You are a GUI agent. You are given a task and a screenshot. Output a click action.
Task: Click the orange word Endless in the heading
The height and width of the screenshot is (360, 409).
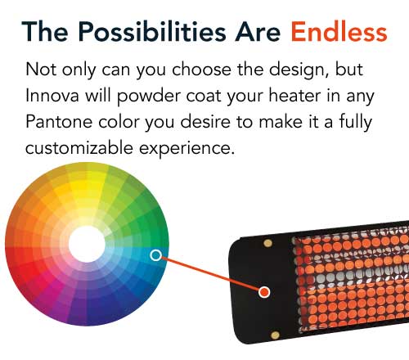pos(339,32)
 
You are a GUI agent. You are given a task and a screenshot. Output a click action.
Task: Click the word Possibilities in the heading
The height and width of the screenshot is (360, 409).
pos(152,32)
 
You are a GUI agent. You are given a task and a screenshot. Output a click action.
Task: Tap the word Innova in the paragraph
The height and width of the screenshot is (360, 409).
pos(52,96)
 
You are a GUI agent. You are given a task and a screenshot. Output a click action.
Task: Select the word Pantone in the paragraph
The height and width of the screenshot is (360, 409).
pos(59,122)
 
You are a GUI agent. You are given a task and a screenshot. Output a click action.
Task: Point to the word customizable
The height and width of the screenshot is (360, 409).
pos(79,148)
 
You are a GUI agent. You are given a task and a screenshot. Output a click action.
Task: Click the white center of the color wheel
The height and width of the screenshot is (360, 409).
pos(87,244)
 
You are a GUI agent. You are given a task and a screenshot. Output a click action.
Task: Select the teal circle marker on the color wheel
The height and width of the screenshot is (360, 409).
pos(155,255)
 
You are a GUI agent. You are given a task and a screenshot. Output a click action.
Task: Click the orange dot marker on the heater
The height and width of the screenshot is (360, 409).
pos(264,292)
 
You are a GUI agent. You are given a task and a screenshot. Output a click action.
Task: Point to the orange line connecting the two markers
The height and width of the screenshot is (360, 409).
pos(210,274)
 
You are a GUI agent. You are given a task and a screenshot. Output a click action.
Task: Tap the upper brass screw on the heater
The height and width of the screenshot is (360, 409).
pos(267,243)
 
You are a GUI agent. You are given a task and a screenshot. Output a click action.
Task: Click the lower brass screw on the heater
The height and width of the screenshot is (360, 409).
pos(275,335)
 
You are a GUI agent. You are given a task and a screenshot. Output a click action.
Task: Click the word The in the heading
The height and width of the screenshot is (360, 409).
pos(45,32)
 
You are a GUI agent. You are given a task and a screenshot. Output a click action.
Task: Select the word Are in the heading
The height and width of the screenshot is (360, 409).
pos(258,32)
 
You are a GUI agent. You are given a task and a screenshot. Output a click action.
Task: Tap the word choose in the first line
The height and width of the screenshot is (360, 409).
pos(202,70)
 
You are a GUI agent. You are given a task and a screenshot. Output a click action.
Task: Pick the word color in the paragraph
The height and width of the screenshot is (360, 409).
pos(119,122)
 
